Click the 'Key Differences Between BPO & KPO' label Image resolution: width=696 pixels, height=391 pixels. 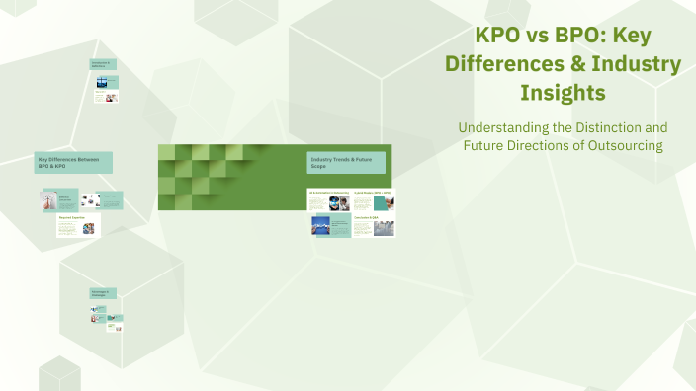[x=73, y=162]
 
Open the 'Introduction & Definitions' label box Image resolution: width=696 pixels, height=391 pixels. [x=103, y=64]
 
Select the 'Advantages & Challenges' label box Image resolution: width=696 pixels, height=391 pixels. [x=103, y=293]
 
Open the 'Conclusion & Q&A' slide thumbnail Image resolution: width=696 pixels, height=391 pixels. [x=373, y=225]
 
